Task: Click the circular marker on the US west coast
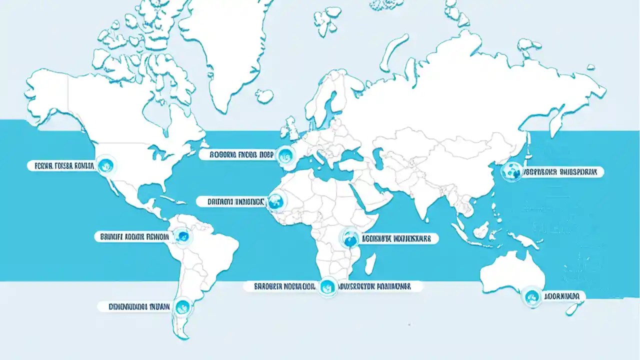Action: pos(106,164)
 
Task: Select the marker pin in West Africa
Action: pos(275,201)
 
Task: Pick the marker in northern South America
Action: pos(182,236)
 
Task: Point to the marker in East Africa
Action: pos(350,238)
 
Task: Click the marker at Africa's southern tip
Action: pos(327,286)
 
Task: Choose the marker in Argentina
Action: pos(182,305)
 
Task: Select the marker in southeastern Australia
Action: pos(530,296)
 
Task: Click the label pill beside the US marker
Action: pos(61,166)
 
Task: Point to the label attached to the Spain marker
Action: pos(237,155)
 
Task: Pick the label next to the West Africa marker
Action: pos(237,202)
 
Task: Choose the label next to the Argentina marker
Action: pos(134,306)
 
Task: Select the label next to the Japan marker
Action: pos(563,172)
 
